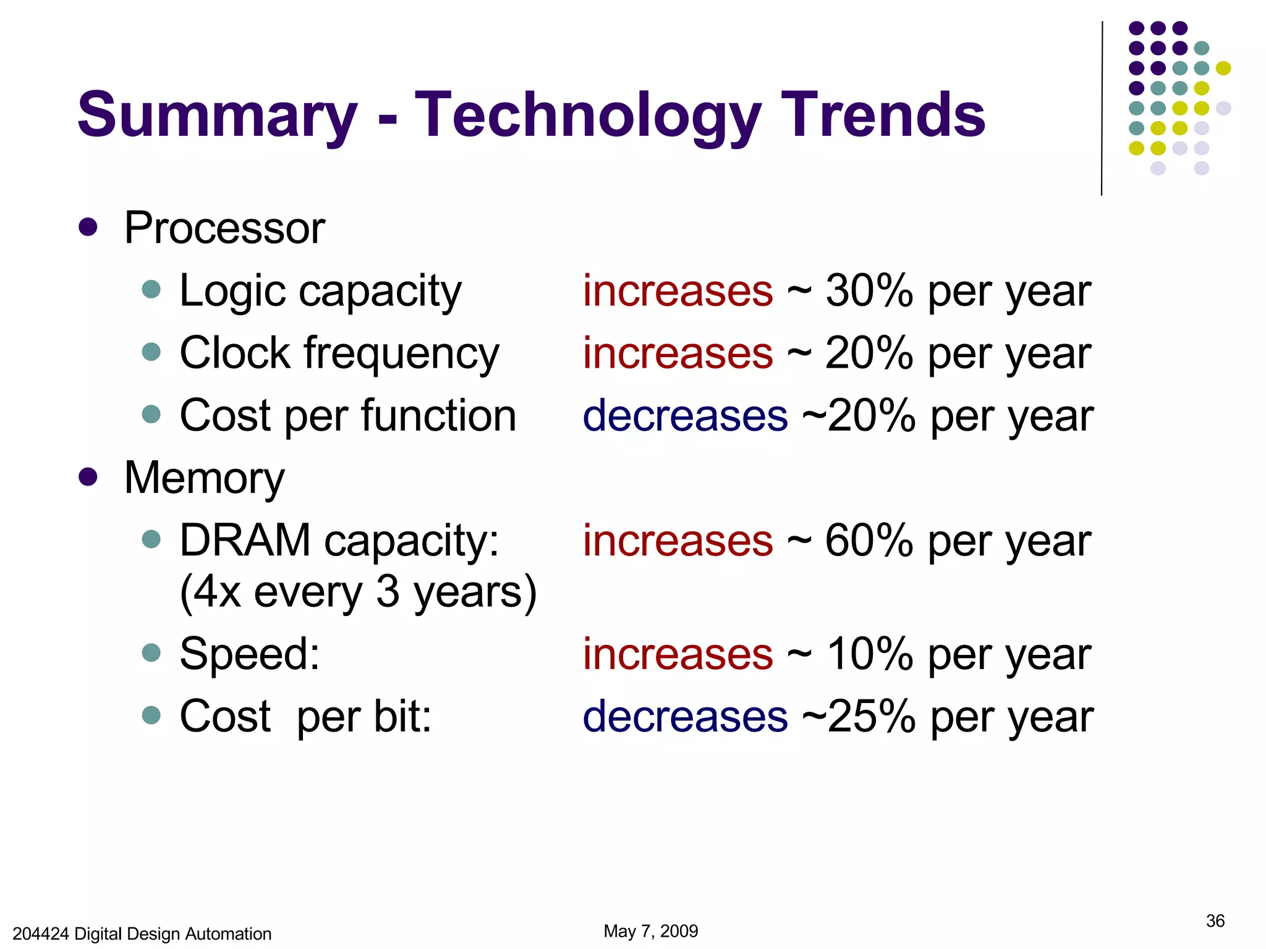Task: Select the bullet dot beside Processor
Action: click(x=88, y=227)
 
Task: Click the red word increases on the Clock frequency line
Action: click(x=678, y=353)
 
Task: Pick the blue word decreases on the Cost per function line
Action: click(x=685, y=415)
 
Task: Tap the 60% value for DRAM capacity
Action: click(x=869, y=541)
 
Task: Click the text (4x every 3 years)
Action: click(x=358, y=592)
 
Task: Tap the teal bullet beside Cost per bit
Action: click(x=151, y=715)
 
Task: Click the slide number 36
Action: click(x=1215, y=921)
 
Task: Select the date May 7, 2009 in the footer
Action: click(x=650, y=931)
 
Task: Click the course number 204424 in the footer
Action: click(x=41, y=934)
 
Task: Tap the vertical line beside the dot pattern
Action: click(x=1102, y=108)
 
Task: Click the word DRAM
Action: click(x=245, y=541)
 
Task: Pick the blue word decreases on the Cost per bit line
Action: click(x=685, y=716)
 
